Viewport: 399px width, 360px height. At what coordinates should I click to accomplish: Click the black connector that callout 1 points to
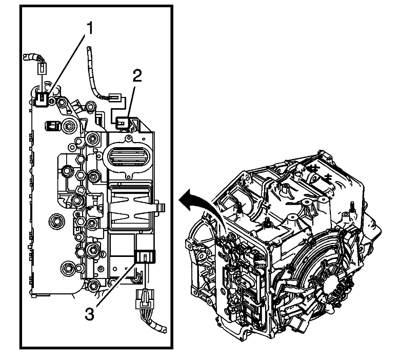tap(44, 98)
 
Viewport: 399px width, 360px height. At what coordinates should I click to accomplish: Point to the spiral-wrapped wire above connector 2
tap(92, 67)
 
